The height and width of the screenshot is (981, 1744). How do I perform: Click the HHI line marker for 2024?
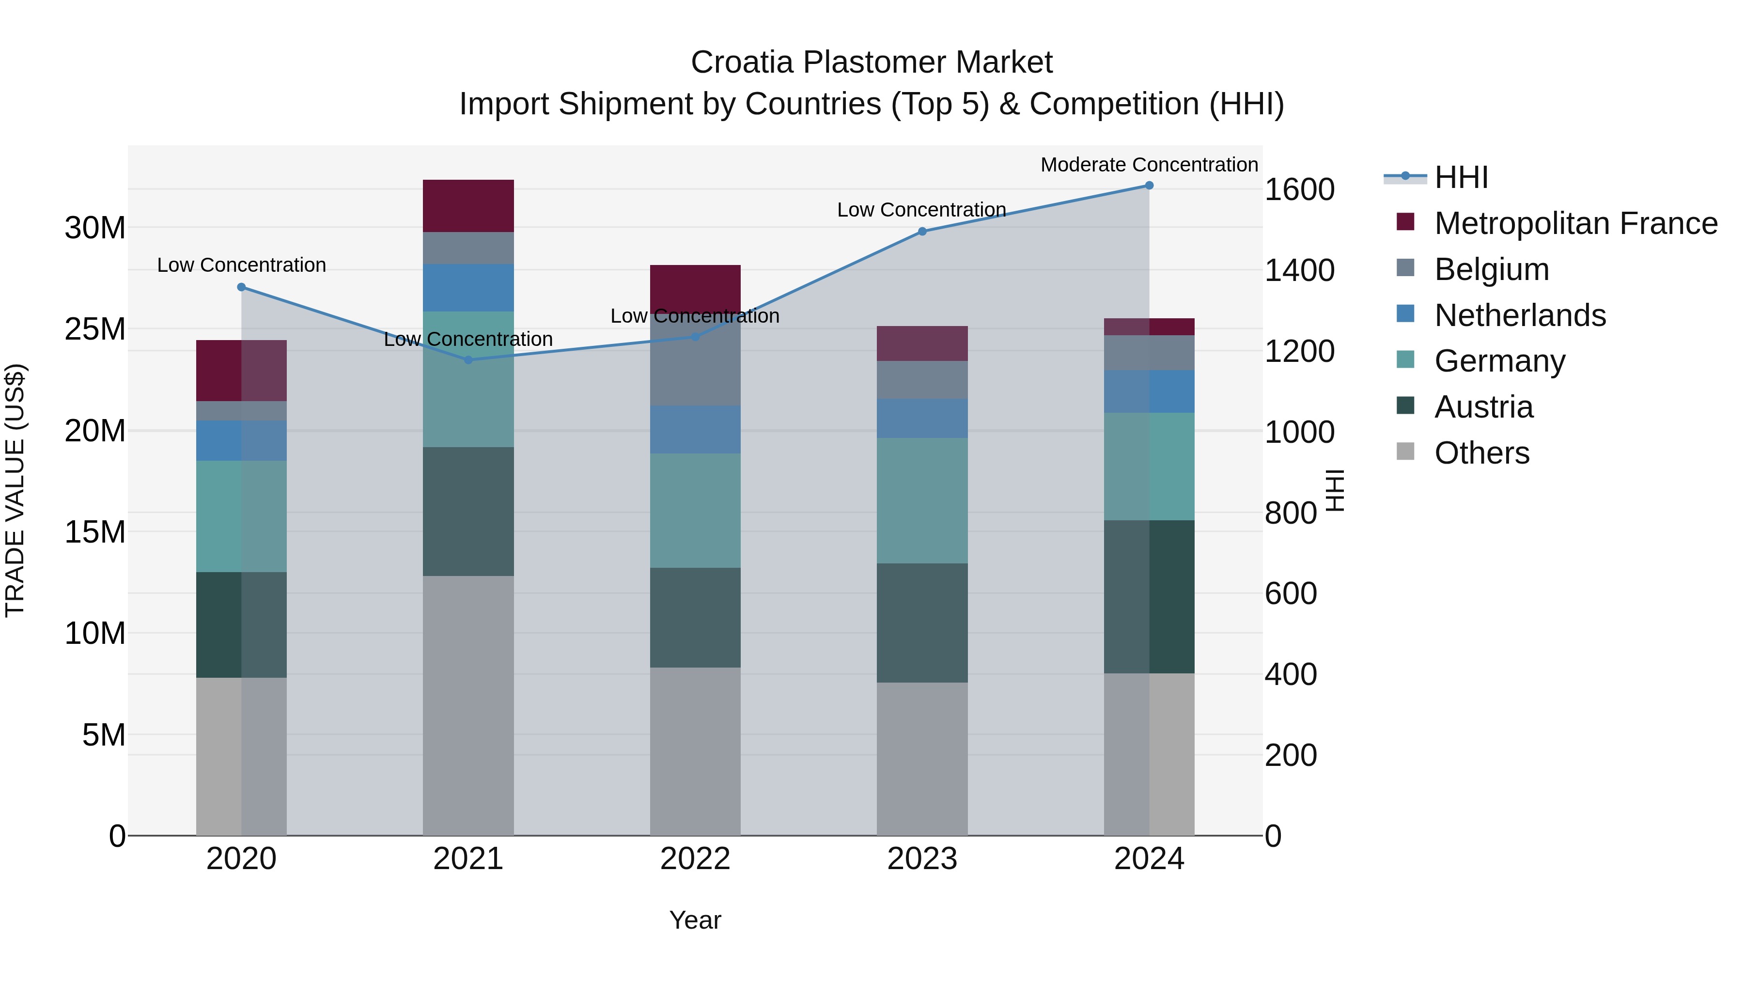pyautogui.click(x=1149, y=186)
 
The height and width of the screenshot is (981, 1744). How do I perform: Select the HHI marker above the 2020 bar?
pyautogui.click(x=242, y=287)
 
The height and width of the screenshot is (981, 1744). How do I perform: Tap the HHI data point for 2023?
pyautogui.click(x=922, y=232)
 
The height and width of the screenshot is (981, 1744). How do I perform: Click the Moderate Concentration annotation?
pyautogui.click(x=1149, y=165)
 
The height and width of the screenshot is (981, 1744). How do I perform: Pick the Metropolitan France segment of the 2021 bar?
pyautogui.click(x=468, y=206)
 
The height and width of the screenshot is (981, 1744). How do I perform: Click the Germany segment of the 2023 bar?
pyautogui.click(x=922, y=500)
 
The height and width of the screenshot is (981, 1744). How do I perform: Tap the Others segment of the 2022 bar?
pyautogui.click(x=695, y=751)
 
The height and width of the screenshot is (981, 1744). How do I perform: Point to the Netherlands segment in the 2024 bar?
pyautogui.click(x=1149, y=391)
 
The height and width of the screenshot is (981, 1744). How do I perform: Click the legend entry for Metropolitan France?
pyautogui.click(x=1575, y=223)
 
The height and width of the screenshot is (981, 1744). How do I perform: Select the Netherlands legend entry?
pyautogui.click(x=1520, y=315)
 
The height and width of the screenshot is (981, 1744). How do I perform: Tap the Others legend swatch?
pyautogui.click(x=1405, y=452)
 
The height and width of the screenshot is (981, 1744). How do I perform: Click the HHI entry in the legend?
pyautogui.click(x=1461, y=177)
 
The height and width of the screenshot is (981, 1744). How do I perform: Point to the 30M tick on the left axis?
pyautogui.click(x=95, y=228)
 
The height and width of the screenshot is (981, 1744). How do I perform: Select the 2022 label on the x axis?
pyautogui.click(x=695, y=859)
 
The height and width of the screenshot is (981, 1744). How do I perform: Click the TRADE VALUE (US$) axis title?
pyautogui.click(x=15, y=490)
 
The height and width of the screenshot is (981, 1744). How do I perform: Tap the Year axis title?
pyautogui.click(x=695, y=920)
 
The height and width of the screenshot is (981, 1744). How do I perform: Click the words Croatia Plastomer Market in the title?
pyautogui.click(x=872, y=62)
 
